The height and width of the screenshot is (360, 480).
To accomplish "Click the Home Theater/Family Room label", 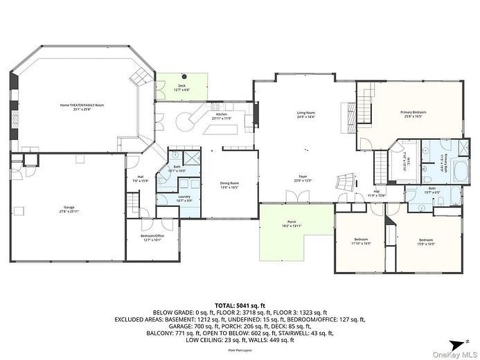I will (x=81, y=105).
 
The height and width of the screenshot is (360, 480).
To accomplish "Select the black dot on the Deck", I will (x=184, y=76).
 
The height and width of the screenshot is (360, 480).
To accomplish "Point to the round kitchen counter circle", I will (x=184, y=122).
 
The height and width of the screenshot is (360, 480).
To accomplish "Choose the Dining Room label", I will (x=229, y=183).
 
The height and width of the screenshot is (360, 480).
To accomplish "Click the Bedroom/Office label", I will (x=151, y=237).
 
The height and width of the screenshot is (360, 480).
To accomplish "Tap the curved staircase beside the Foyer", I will (x=344, y=182).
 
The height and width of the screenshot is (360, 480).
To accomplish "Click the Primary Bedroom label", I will (x=413, y=111).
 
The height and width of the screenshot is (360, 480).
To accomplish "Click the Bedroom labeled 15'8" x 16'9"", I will (x=425, y=242).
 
